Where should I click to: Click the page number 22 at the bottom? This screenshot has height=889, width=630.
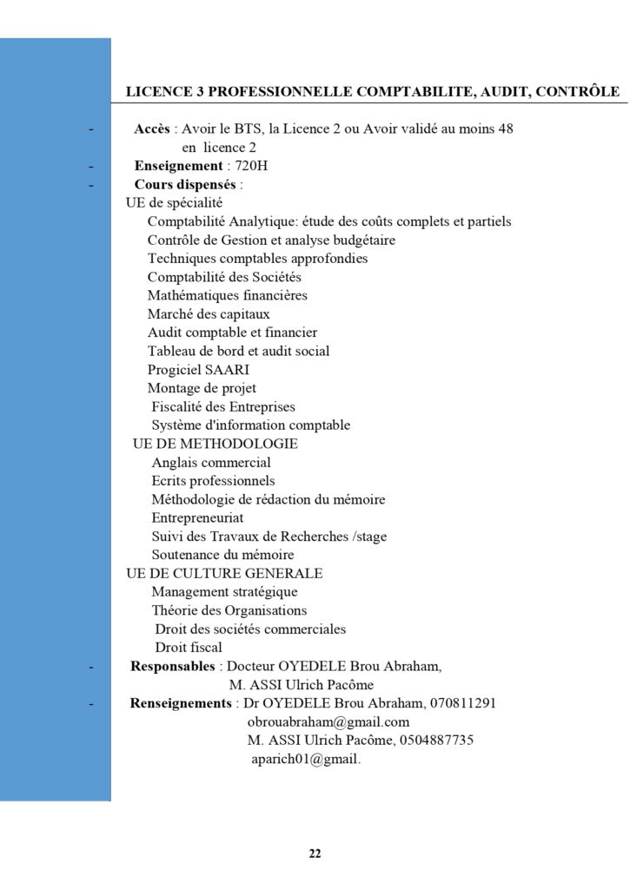point(315,853)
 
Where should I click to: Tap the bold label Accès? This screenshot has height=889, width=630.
point(152,129)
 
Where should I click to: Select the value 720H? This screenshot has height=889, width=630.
point(252,166)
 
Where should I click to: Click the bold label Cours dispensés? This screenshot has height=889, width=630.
point(185,184)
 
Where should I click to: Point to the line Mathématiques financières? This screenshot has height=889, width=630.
point(227,295)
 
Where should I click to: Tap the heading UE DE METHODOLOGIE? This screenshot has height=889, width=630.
point(215,444)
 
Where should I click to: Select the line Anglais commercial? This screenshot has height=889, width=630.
point(211,463)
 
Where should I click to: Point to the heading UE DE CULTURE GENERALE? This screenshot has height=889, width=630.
point(224,573)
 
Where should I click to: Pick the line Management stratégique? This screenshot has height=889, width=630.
point(224,592)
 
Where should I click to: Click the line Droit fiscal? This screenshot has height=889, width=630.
point(189,647)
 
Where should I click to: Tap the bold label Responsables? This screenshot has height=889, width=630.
point(172,666)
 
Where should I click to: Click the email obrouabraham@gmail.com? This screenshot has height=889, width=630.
point(328,721)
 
